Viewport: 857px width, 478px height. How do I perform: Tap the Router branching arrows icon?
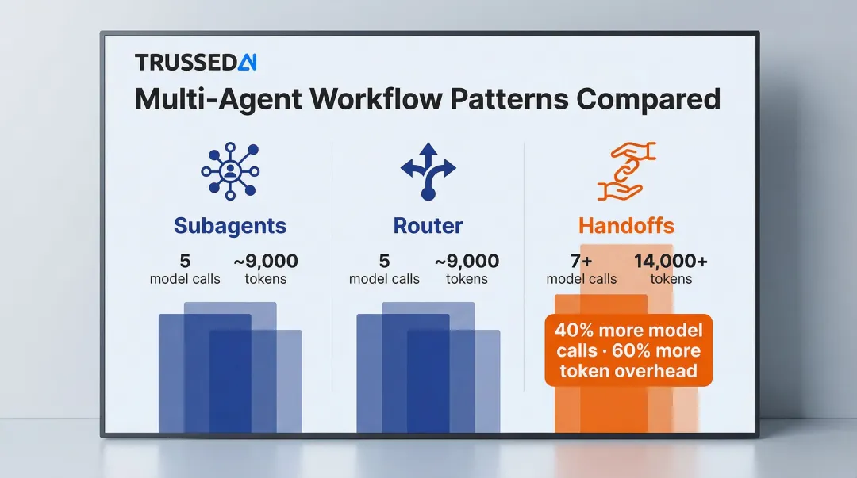tap(428, 170)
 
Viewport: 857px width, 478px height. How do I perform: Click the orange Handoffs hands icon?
tap(626, 170)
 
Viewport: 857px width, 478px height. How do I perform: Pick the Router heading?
tap(428, 226)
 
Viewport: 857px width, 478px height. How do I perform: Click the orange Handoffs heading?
tap(626, 226)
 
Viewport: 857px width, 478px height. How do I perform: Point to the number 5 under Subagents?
tap(185, 261)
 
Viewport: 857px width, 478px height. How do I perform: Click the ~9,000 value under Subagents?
tap(266, 261)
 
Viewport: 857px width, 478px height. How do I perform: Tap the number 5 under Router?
tap(384, 261)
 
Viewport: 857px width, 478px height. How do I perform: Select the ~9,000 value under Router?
tap(467, 261)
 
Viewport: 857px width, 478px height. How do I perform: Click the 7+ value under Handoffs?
tap(582, 261)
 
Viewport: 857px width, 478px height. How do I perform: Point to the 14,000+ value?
tap(671, 261)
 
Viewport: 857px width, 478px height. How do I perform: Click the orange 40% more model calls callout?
tap(628, 350)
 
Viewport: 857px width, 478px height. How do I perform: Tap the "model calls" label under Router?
tap(384, 279)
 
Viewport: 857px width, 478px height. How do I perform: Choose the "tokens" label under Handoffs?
tap(671, 279)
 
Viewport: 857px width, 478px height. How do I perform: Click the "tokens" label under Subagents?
tap(266, 279)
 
